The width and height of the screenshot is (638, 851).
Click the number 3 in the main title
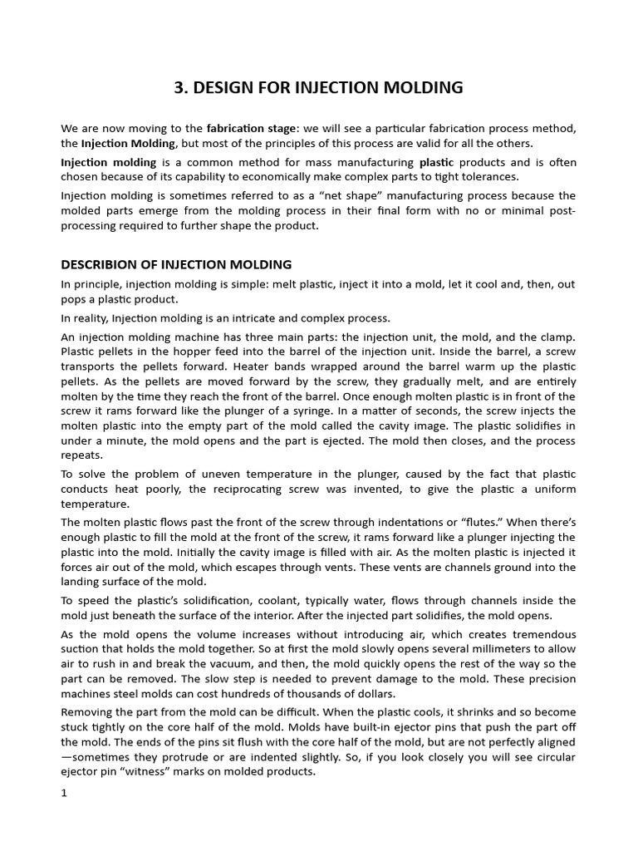pyautogui.click(x=180, y=88)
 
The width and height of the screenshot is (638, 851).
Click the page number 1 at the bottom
pyautogui.click(x=64, y=793)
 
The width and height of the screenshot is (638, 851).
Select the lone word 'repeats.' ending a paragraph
pyautogui.click(x=82, y=456)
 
